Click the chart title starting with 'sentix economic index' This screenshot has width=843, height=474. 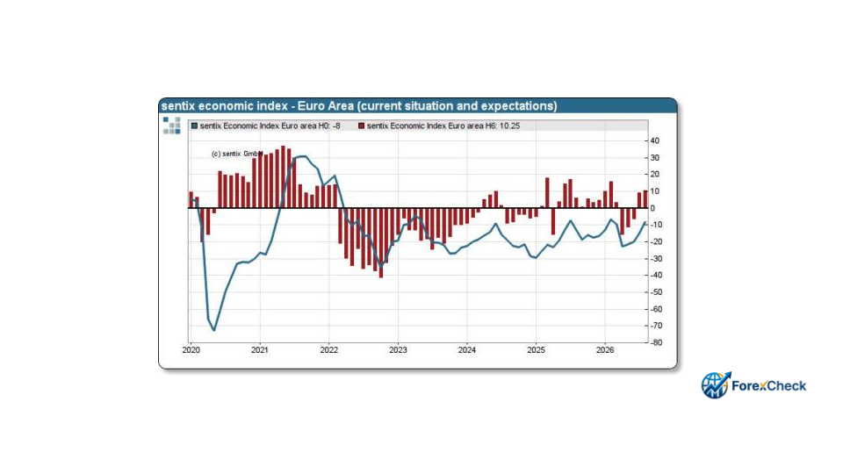click(359, 106)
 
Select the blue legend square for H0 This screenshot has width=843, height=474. click(195, 126)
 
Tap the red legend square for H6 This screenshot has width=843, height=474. click(361, 126)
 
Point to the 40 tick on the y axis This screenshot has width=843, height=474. click(654, 140)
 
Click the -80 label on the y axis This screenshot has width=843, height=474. click(656, 342)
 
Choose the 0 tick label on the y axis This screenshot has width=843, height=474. click(652, 208)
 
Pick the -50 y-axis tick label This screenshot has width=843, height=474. click(656, 291)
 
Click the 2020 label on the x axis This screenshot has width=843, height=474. click(191, 350)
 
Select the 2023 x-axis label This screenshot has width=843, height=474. click(398, 350)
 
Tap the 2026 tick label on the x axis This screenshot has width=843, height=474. click(605, 350)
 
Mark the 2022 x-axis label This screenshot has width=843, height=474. click(329, 350)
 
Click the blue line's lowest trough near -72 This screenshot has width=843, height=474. click(214, 330)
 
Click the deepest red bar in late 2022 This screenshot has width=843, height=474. click(381, 242)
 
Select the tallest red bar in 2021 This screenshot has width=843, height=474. click(284, 176)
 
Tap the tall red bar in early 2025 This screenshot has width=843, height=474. click(547, 193)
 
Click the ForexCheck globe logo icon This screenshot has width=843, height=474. click(716, 385)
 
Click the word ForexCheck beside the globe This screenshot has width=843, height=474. click(769, 386)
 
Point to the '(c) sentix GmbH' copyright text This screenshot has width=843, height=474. click(237, 154)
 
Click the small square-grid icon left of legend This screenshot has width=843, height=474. click(171, 126)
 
